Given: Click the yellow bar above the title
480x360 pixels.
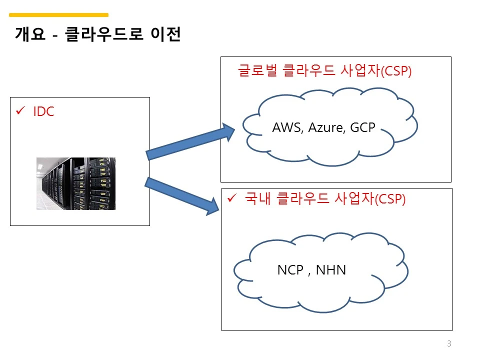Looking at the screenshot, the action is coord(59,14).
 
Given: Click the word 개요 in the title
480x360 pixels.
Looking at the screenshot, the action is coord(30,33).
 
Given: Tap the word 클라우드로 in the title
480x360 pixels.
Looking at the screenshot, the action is coord(104,33).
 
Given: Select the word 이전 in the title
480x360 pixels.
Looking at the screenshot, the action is coord(165,33).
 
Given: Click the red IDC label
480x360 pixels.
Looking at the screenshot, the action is coord(43,111).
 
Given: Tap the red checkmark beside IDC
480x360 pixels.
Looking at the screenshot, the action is coord(20,110).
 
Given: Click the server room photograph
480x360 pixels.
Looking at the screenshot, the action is coord(76,183).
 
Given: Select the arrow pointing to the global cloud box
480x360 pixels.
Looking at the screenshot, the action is coord(190,141).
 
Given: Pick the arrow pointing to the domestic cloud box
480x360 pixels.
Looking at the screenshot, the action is coord(182,196).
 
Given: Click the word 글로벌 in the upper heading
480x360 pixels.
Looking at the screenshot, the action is coord(258,70).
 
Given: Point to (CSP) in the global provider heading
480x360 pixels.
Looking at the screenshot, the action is coord(396,71).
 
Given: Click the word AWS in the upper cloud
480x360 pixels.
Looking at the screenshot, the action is coord(287,127).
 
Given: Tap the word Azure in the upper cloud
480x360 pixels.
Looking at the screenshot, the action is coord(326,127).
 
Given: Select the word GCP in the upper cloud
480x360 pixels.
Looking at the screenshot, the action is coord(363,127).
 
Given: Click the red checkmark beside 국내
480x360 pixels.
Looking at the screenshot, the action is coord(232,198).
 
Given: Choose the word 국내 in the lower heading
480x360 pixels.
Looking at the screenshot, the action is coord(258,198).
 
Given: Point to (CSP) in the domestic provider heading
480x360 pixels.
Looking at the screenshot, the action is coord(390,199).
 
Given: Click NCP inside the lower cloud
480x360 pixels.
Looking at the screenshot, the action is coord(290,270).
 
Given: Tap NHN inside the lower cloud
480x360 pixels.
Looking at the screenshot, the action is coord(331,270).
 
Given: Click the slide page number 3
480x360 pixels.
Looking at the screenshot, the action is coord(449,343).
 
